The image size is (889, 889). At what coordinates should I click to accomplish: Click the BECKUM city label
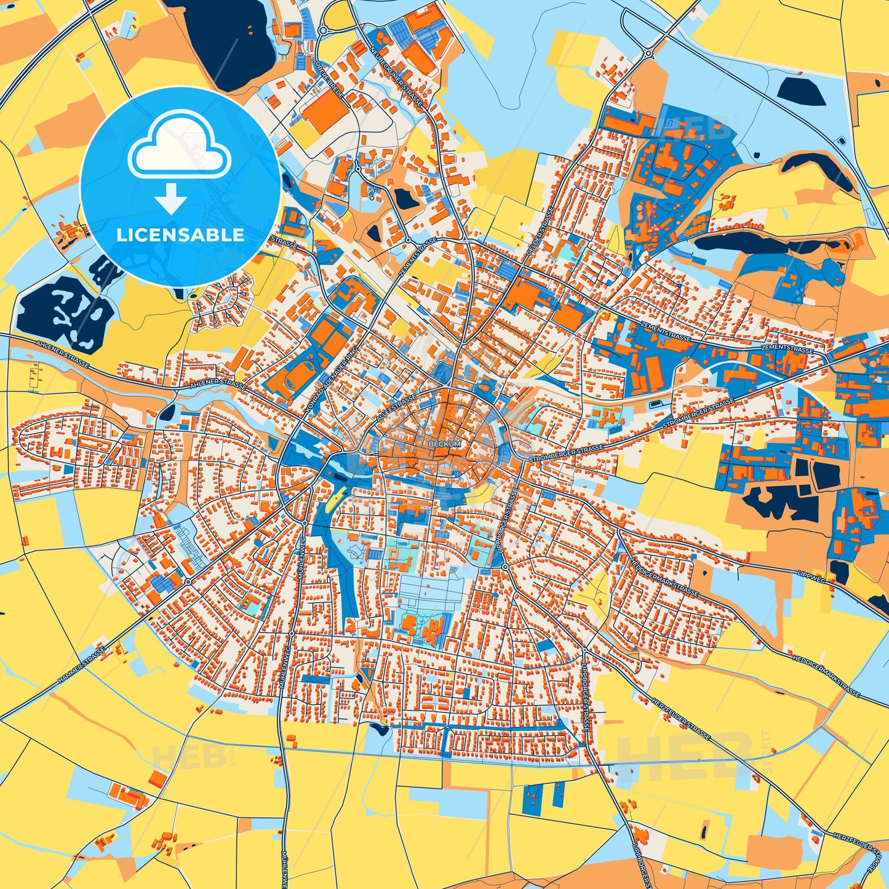(444, 443)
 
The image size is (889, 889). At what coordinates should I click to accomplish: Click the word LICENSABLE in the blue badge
(180, 235)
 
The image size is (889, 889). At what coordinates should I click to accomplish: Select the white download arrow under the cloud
(171, 198)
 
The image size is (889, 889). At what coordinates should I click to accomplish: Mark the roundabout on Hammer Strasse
(187, 581)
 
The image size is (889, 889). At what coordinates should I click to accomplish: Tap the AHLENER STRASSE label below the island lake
(63, 354)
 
